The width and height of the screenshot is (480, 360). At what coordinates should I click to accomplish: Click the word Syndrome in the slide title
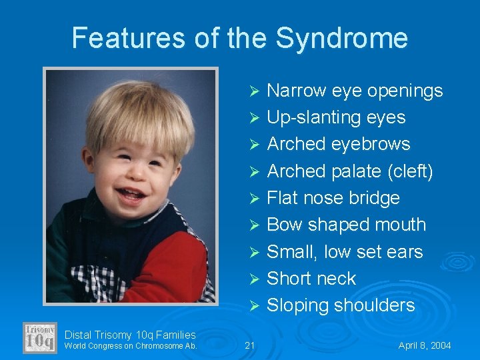[x=341, y=38]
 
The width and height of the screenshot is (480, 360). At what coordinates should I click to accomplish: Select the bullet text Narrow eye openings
[x=355, y=91]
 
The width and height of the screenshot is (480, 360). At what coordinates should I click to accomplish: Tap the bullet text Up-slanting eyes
[x=336, y=117]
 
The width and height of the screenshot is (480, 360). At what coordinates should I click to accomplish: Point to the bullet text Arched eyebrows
[x=338, y=144]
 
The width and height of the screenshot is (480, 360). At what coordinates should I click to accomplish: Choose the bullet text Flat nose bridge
[x=333, y=198]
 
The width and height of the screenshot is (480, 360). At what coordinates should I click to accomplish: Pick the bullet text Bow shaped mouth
[x=346, y=225]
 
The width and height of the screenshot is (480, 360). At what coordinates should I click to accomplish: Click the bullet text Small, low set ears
[x=345, y=252]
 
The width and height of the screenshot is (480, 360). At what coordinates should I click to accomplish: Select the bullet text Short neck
[x=311, y=279]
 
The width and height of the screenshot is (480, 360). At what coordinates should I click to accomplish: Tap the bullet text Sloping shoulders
[x=341, y=305]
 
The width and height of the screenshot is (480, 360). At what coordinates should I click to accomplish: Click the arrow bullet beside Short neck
[x=253, y=279]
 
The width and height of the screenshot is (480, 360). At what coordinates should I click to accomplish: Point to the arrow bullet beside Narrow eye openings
[x=253, y=91]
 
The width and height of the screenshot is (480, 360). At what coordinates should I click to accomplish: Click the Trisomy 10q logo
[x=40, y=338]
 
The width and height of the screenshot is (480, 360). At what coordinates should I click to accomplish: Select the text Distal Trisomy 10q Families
[x=130, y=335]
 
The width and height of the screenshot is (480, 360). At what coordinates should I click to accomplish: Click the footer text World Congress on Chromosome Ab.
[x=131, y=346]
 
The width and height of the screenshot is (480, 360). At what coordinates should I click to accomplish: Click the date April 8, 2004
[x=425, y=345]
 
